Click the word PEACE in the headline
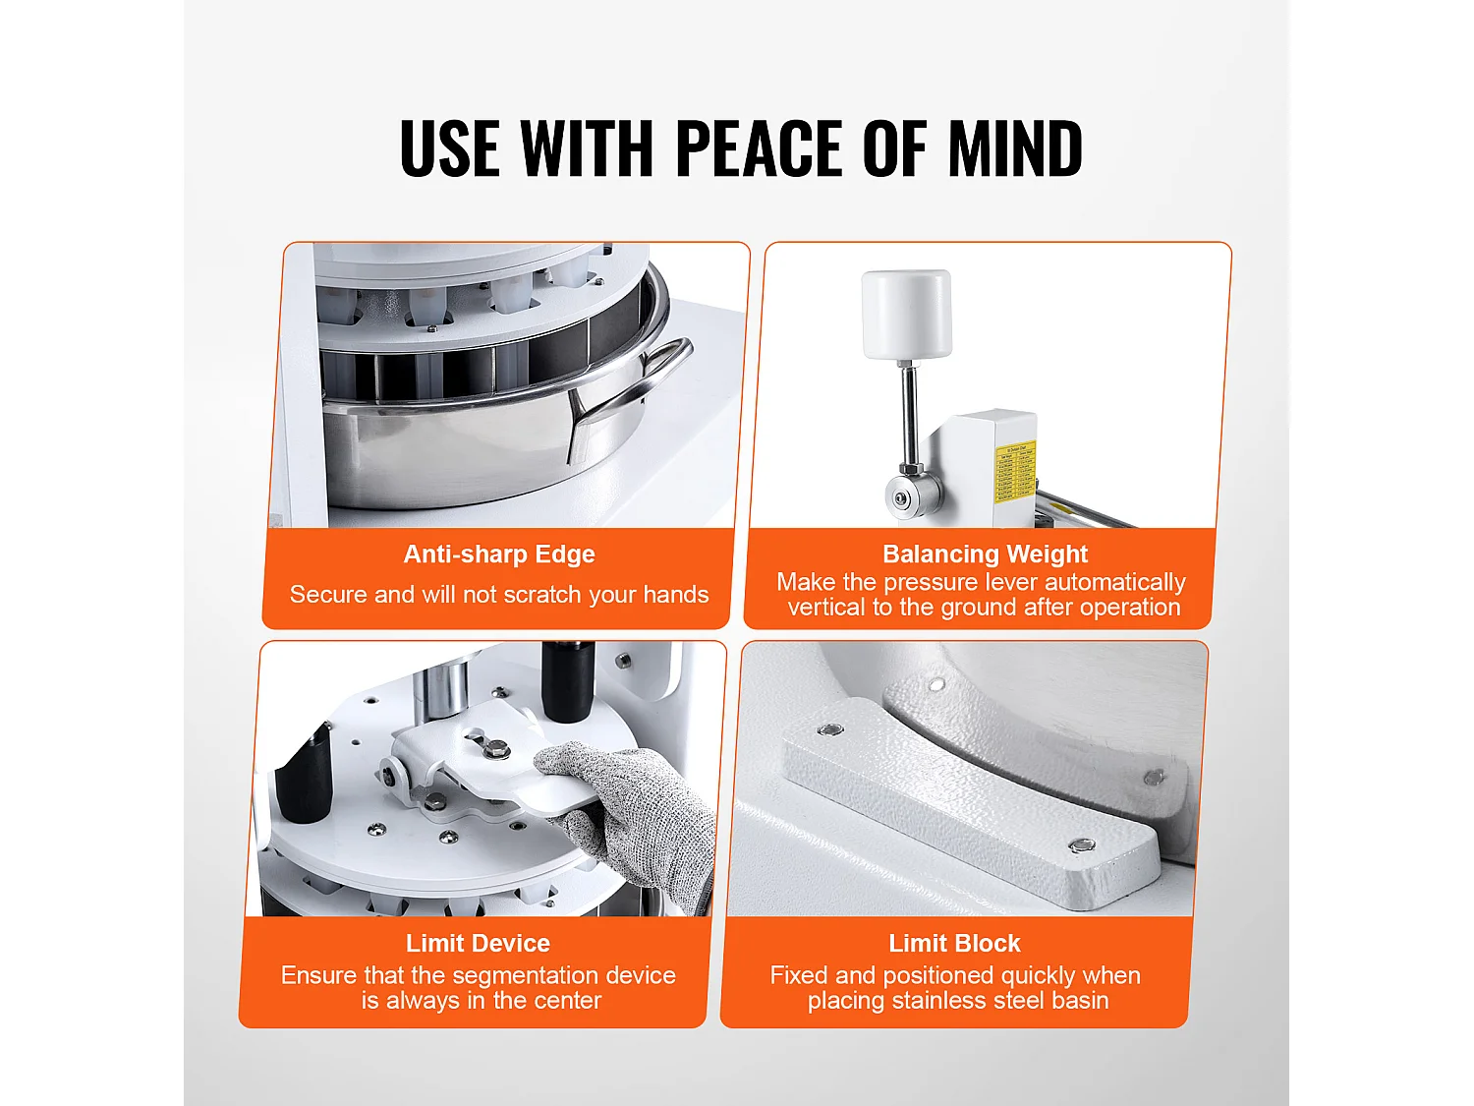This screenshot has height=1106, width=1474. click(x=759, y=148)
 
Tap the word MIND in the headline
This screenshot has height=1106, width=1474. click(x=1015, y=148)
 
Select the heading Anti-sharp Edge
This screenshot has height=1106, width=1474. click(x=499, y=554)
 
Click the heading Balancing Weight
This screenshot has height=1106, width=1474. click(x=985, y=554)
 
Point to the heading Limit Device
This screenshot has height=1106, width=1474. click(x=478, y=944)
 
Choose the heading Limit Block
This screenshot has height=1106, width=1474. click(x=954, y=944)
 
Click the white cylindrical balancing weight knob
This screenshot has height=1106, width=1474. click(x=907, y=315)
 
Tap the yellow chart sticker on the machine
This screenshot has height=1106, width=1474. click(x=1014, y=471)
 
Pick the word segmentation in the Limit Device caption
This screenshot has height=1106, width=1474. click(x=531, y=976)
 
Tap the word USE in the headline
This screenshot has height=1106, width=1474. click(x=448, y=148)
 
